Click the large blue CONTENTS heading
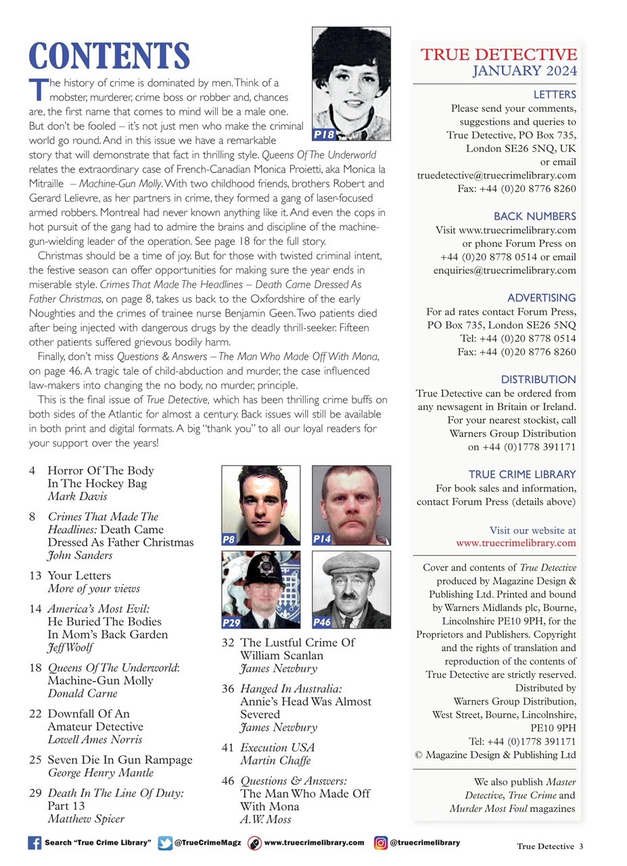click(109, 56)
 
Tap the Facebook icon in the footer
click(34, 843)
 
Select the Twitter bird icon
click(164, 843)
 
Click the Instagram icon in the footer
click(381, 843)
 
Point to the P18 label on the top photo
click(324, 134)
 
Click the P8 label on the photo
click(229, 539)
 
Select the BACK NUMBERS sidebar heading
click(534, 216)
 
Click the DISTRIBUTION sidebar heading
click(538, 380)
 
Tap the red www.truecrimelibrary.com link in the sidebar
click(516, 543)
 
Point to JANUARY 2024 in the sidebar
click(524, 70)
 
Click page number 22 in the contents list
click(36, 714)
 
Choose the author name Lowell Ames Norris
click(95, 739)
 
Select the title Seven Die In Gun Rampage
click(120, 760)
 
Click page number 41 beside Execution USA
click(228, 748)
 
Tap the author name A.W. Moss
click(265, 819)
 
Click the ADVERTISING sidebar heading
click(541, 298)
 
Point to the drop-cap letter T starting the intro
click(38, 89)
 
